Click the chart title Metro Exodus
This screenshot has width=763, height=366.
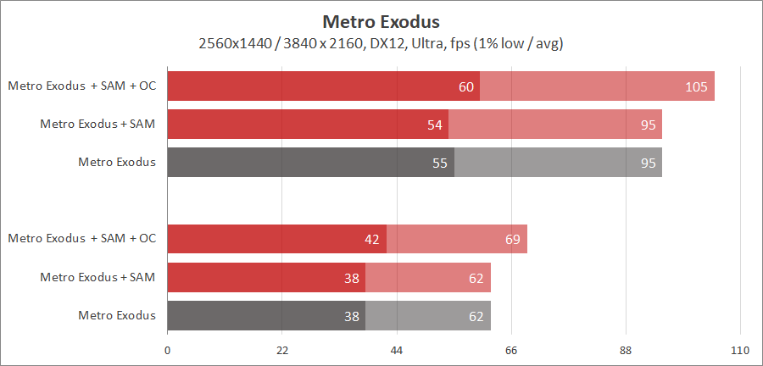[x=381, y=20]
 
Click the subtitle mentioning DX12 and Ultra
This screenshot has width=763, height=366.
[x=381, y=43]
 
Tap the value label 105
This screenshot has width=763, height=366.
[x=698, y=86]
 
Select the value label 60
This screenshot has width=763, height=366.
[x=465, y=86]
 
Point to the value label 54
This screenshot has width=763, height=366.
[x=435, y=125]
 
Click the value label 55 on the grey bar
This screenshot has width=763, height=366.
[x=440, y=163]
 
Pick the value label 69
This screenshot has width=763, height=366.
[x=512, y=239]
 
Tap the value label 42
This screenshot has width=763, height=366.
[x=371, y=239]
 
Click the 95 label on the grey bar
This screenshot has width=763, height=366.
[x=649, y=163]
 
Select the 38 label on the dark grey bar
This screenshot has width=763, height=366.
[x=351, y=316]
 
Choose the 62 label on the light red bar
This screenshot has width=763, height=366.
[x=476, y=277]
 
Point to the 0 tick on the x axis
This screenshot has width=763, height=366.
[x=167, y=350]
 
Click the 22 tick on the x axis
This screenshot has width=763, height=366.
[x=282, y=350]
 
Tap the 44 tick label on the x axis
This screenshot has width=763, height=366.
[x=397, y=350]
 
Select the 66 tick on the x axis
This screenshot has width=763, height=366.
[x=511, y=350]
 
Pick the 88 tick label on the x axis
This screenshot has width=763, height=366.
[x=626, y=350]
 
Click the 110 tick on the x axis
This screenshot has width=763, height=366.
[x=740, y=350]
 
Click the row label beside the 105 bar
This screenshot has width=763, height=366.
[x=82, y=86]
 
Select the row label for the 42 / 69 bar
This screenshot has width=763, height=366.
[x=82, y=238]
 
